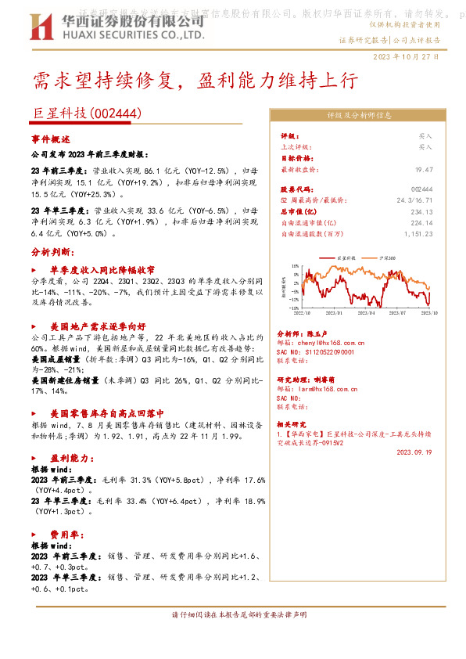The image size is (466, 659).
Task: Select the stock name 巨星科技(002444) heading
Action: [87, 113]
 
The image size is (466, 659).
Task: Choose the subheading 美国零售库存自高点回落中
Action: [106, 412]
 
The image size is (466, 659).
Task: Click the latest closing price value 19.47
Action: [424, 168]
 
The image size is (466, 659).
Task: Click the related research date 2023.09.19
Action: [414, 452]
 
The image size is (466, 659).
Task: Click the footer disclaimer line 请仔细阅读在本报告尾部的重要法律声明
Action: [233, 614]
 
